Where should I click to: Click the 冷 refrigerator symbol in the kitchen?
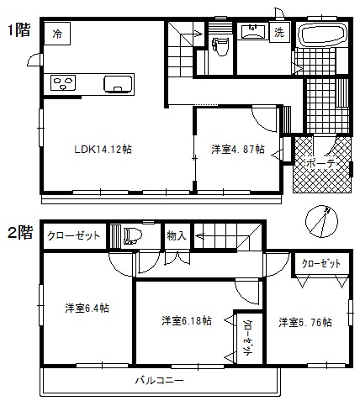point(57,34)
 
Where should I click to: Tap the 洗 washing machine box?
point(282,32)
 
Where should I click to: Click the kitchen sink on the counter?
point(117,83)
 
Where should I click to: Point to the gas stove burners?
point(64,83)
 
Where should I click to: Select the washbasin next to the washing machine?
point(251,32)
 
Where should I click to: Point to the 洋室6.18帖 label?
point(186,320)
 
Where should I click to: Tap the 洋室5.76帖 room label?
point(304,321)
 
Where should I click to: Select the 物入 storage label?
point(177,236)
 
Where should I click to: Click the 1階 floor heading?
point(20,32)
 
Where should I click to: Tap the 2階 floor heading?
point(20,230)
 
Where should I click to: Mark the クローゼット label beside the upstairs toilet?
point(72,236)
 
